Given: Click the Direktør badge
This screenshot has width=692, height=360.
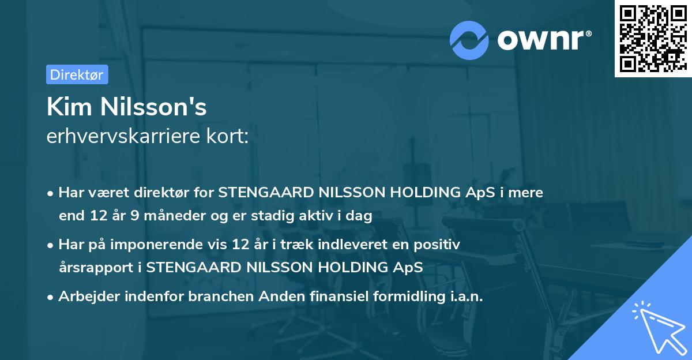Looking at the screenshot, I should point(77,74).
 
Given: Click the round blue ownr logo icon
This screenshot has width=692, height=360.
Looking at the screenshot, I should point(469,39).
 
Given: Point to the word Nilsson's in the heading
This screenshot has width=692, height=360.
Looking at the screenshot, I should point(153,107).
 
